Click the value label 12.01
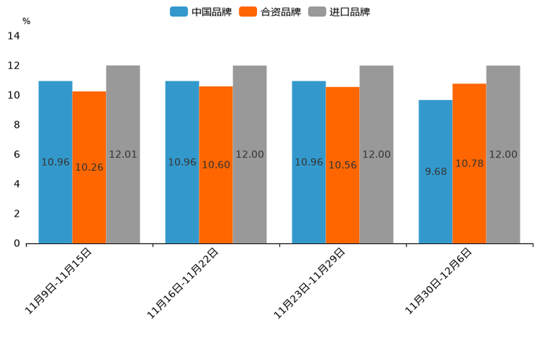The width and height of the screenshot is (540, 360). (123, 155)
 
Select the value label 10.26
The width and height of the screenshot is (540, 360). (89, 168)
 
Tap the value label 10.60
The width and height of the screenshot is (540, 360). (216, 165)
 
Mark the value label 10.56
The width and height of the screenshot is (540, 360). (343, 165)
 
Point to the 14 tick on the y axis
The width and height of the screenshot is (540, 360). (14, 36)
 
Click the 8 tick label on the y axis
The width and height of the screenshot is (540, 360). (17, 125)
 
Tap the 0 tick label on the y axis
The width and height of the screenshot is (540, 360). (17, 243)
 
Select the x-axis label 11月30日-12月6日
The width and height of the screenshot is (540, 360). (438, 280)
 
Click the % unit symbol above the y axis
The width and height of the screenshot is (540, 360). (26, 22)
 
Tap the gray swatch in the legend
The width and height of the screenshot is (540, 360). (316, 12)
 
